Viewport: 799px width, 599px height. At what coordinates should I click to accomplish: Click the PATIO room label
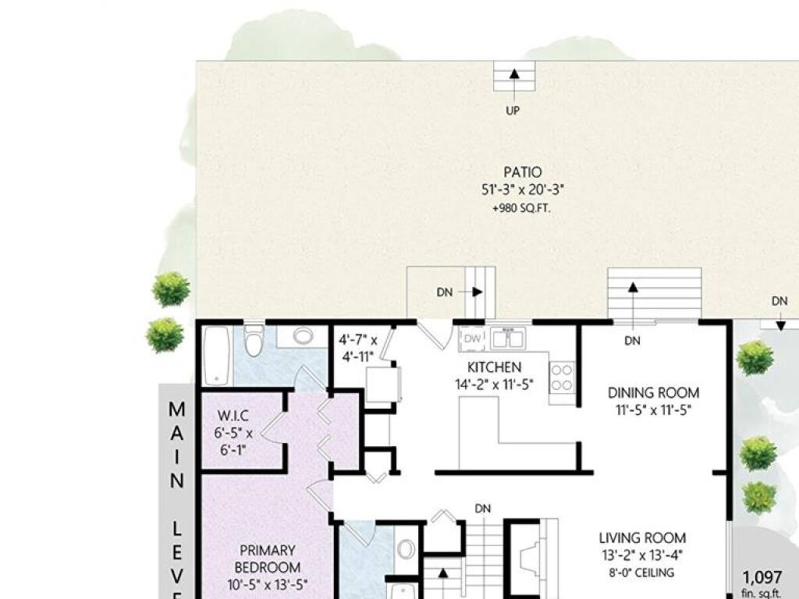coord(522,172)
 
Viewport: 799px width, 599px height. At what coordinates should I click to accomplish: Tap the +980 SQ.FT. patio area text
coord(522,208)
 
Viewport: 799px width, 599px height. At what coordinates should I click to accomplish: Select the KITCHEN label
coord(494,367)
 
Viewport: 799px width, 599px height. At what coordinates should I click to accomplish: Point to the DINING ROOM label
coord(653,393)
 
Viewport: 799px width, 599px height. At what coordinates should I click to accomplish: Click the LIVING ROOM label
coord(642,538)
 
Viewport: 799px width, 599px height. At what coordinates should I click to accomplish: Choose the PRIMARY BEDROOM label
coord(268,558)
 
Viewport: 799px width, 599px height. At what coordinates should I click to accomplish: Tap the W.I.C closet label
coord(233,415)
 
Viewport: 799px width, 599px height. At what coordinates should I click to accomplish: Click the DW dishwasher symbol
coord(473,338)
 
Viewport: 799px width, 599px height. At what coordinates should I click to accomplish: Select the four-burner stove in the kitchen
coord(562,377)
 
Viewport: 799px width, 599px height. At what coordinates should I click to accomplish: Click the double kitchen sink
coord(507,338)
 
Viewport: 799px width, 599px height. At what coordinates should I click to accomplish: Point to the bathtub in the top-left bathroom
coord(217,356)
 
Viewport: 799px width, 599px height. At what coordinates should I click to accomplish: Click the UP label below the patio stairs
coord(513,110)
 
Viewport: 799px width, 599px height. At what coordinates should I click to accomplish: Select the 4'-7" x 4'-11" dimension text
coord(359,348)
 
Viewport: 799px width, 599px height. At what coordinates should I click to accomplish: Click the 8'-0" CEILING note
coord(641,572)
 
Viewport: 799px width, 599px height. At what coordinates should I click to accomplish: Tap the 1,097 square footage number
coord(762,578)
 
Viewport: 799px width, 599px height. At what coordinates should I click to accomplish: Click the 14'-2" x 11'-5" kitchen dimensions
coord(494,385)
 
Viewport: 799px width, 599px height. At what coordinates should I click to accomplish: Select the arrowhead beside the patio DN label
coord(478,292)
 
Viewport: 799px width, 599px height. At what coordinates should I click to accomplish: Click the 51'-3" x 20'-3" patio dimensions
coord(522,190)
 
